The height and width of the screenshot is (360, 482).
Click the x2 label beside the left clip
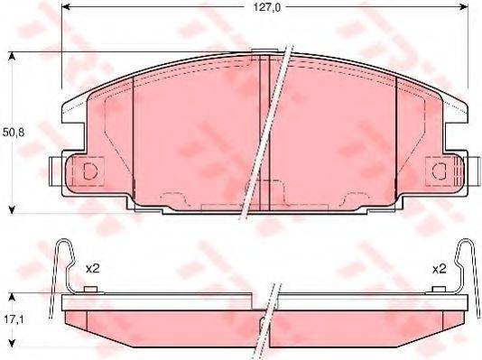point(92,268)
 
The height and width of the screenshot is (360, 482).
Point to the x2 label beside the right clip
point(440,268)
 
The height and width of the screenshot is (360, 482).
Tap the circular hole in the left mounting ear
point(89,170)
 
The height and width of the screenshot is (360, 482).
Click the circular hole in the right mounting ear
point(440,170)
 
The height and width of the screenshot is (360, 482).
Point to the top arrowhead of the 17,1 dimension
point(12,297)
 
